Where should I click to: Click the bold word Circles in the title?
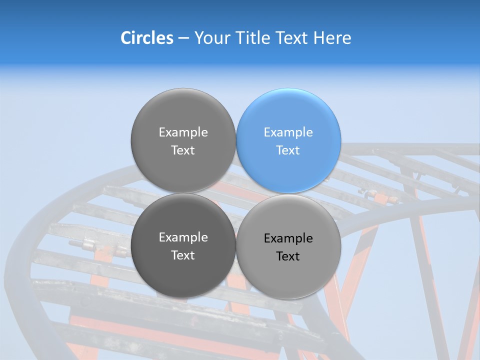tap(147, 37)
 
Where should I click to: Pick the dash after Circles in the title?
tap(183, 38)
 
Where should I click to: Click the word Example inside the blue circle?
tap(288, 132)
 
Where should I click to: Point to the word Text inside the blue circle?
tap(288, 150)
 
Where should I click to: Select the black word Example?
tap(288, 238)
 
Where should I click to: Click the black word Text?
tap(288, 256)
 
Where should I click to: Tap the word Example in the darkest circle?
tap(183, 237)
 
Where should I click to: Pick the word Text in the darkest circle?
tap(183, 255)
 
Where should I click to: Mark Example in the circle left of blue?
tap(183, 132)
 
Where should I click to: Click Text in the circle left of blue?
tap(183, 150)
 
